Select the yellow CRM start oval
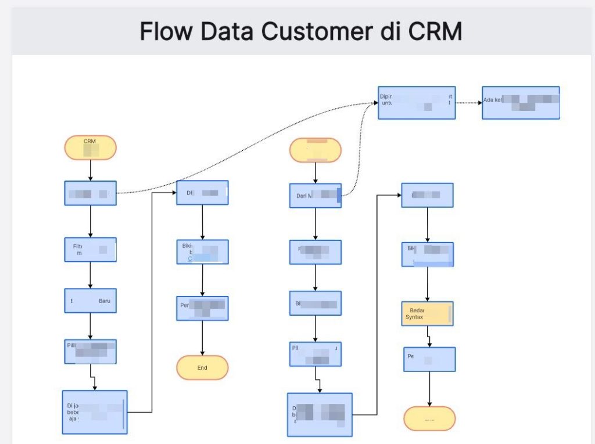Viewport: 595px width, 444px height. (91, 147)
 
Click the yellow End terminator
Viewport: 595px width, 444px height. (202, 367)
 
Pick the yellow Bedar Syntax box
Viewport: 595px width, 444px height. (427, 313)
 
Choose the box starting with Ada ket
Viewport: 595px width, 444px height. (521, 103)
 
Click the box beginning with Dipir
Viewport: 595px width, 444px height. (417, 103)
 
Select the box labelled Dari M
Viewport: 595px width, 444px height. (316, 196)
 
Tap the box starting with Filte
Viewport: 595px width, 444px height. (90, 250)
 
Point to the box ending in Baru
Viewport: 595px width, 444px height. (90, 301)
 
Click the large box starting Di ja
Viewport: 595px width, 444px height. (94, 412)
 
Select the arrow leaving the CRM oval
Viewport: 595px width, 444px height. (91, 170)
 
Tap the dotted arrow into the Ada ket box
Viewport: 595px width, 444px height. (468, 103)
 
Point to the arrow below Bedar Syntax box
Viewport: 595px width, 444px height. (429, 337)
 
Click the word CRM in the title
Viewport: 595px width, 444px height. (433, 31)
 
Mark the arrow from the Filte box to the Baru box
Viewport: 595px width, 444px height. (91, 275)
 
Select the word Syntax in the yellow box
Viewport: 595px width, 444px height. (414, 317)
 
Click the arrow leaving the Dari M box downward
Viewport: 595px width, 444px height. (316, 223)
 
